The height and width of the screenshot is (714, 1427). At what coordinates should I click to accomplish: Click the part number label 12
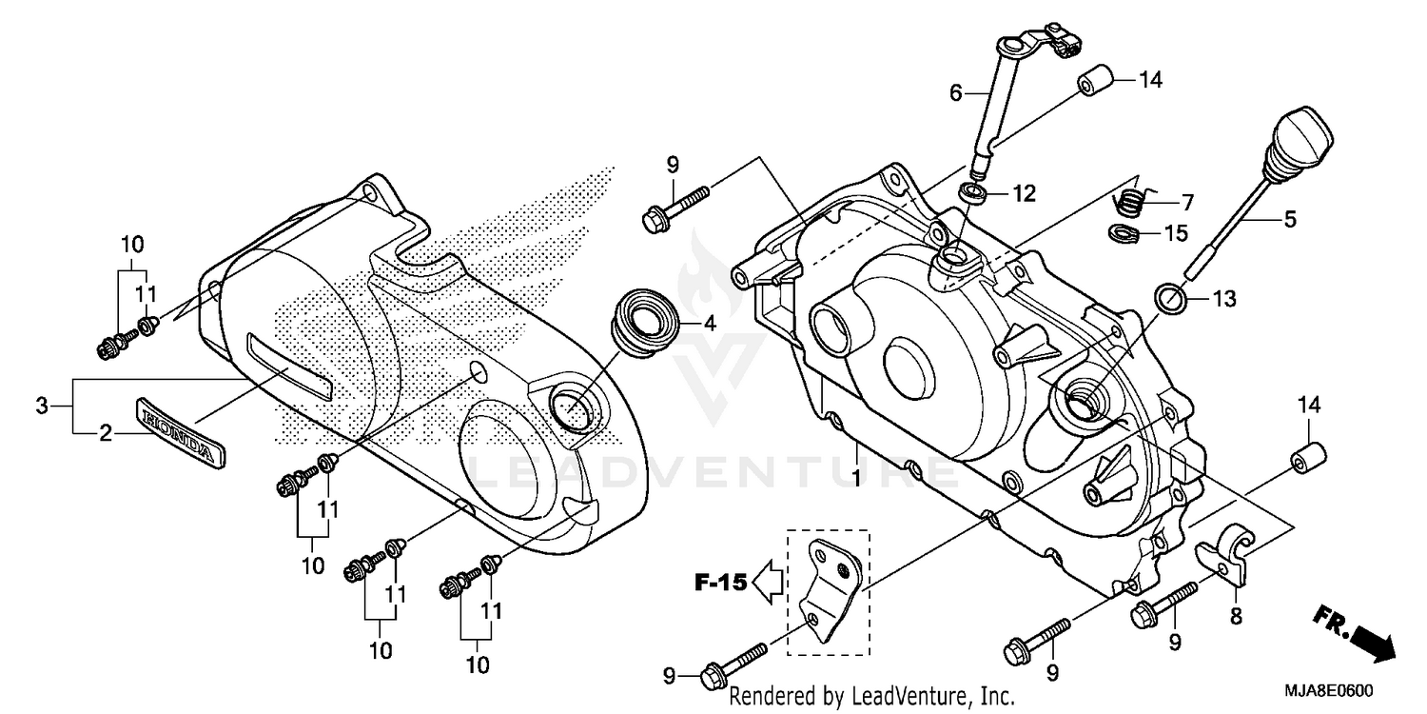click(x=1023, y=194)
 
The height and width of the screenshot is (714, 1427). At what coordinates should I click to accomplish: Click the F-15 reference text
click(x=717, y=583)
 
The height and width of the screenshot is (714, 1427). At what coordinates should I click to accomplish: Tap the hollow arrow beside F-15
click(x=767, y=583)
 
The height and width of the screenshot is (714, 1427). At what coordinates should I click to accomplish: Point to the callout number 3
click(x=41, y=407)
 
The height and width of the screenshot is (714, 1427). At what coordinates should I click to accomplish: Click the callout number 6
click(x=956, y=93)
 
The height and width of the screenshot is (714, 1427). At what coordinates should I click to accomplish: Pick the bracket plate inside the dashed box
click(x=828, y=590)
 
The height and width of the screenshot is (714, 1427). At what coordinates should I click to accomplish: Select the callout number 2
click(x=107, y=434)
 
